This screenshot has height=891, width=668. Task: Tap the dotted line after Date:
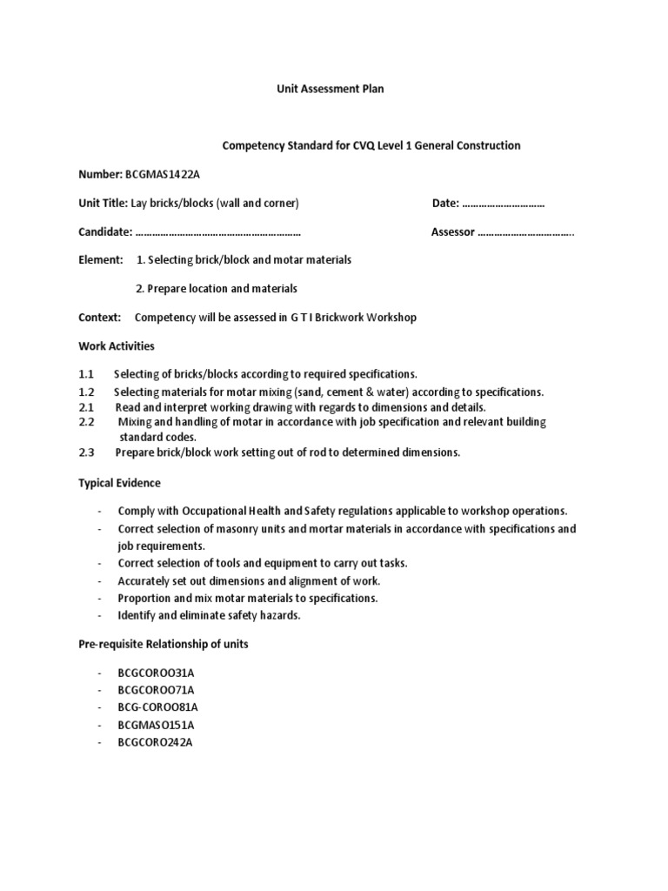click(x=504, y=204)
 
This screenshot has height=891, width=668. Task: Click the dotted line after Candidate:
click(x=218, y=232)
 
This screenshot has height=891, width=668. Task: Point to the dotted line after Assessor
click(x=526, y=232)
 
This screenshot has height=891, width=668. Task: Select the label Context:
click(x=99, y=318)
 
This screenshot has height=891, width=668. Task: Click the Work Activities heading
click(x=117, y=346)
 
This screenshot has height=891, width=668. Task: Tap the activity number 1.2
click(x=86, y=392)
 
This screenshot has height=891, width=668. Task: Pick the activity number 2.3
click(x=86, y=452)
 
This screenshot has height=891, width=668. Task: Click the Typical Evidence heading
click(x=119, y=484)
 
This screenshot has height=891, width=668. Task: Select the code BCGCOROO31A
click(x=151, y=673)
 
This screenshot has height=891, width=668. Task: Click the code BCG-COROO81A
click(x=153, y=707)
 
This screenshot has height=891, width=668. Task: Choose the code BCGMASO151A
click(x=152, y=725)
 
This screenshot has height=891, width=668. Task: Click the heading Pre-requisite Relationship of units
click(x=164, y=644)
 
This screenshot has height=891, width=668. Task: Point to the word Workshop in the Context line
click(x=391, y=318)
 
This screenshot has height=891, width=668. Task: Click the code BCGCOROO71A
click(x=151, y=691)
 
